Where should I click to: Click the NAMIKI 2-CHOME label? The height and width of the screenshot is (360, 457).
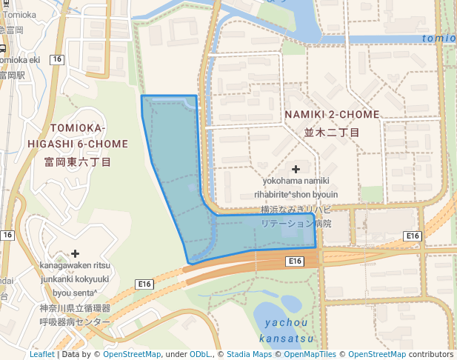(332, 115)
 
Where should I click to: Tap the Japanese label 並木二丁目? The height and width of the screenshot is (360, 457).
(332, 133)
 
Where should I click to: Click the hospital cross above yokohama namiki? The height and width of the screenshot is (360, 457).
(296, 170)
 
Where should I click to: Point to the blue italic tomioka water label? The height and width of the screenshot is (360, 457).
(439, 38)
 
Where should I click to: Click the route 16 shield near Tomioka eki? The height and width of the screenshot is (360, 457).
(56, 59)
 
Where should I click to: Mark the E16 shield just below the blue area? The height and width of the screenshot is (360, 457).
(295, 261)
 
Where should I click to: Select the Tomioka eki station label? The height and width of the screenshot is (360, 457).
(20, 59)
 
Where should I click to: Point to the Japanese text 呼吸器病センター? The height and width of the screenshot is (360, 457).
(74, 322)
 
